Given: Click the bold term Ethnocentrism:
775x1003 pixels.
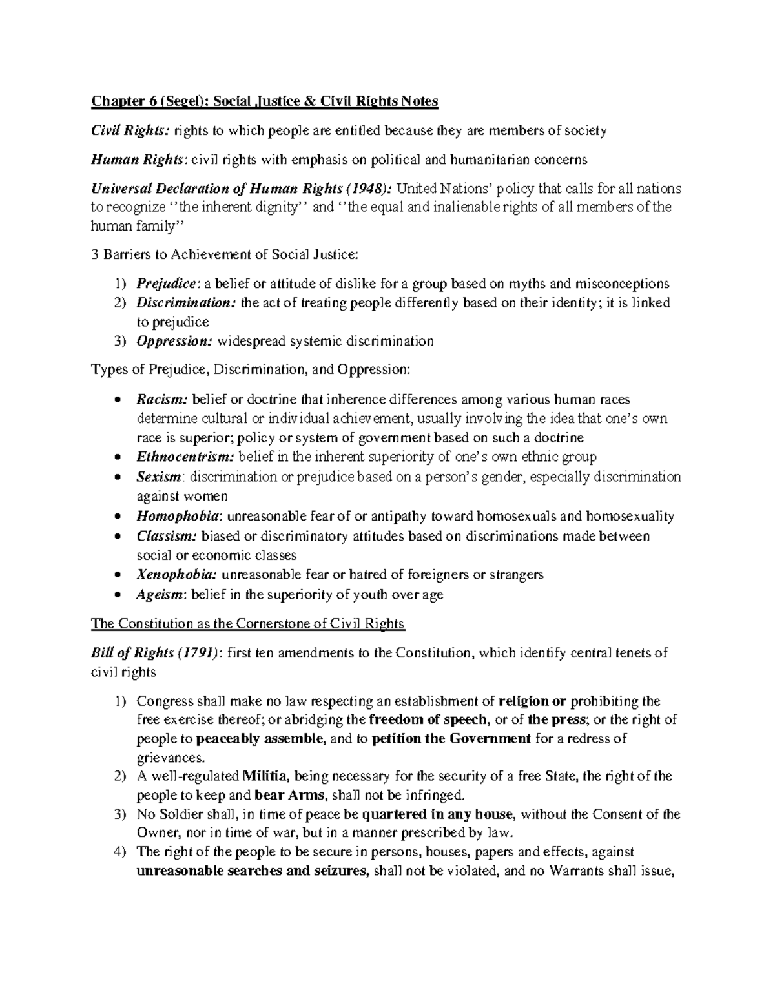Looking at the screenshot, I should pos(186,457).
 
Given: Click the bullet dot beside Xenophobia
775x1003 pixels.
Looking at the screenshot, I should pos(116,575).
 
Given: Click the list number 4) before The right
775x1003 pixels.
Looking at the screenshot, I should pos(119,852).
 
